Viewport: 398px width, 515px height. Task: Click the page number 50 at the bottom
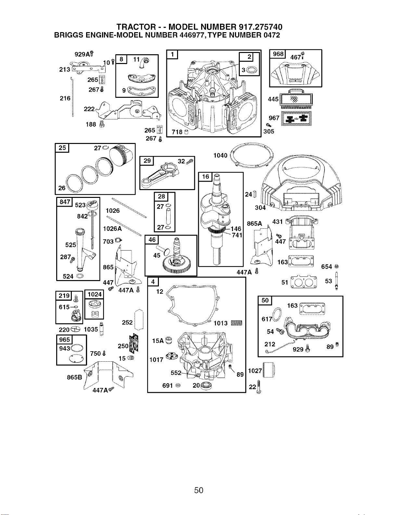tap(199, 490)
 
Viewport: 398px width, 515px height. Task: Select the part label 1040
tap(220, 155)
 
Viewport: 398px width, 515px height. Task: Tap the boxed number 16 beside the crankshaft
tap(205, 176)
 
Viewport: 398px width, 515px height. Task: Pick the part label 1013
tap(221, 323)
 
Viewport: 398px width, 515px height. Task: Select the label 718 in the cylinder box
tap(177, 132)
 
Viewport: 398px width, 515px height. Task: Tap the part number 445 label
tap(273, 99)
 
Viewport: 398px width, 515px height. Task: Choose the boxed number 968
tap(278, 54)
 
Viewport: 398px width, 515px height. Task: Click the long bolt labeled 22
tap(259, 387)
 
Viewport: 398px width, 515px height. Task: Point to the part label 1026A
tap(112, 229)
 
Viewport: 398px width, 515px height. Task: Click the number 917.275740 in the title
tap(259, 27)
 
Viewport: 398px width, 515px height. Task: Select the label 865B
tap(74, 377)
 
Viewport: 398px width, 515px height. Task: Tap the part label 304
tap(260, 208)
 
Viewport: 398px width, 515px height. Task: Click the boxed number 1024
tap(95, 294)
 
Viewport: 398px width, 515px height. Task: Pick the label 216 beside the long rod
tap(65, 98)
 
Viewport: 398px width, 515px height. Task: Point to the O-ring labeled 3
tap(251, 70)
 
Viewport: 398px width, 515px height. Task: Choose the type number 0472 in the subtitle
tap(272, 35)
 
